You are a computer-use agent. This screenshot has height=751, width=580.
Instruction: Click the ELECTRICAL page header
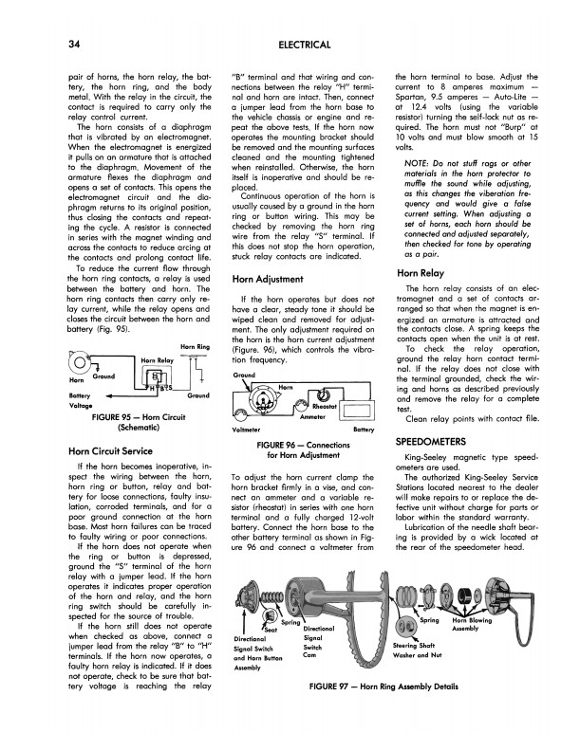click(x=305, y=45)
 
